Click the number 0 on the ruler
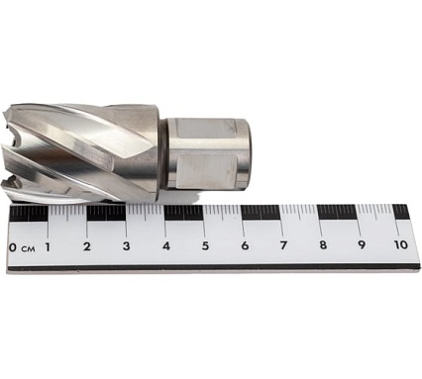tap(12, 246)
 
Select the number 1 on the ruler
tap(49, 246)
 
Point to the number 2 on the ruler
tap(87, 246)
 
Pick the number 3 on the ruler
tap(127, 246)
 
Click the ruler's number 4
tap(165, 246)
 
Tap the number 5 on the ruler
tap(205, 246)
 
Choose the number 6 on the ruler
tap(244, 246)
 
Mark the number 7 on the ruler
tap(283, 246)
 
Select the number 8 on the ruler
tap(322, 246)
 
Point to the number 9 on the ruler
tap(361, 246)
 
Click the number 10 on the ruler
tap(399, 246)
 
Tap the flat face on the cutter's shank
tap(203, 153)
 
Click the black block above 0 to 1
tap(29, 213)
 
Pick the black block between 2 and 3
tap(106, 213)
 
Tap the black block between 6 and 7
tap(263, 213)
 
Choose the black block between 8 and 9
tap(340, 213)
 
